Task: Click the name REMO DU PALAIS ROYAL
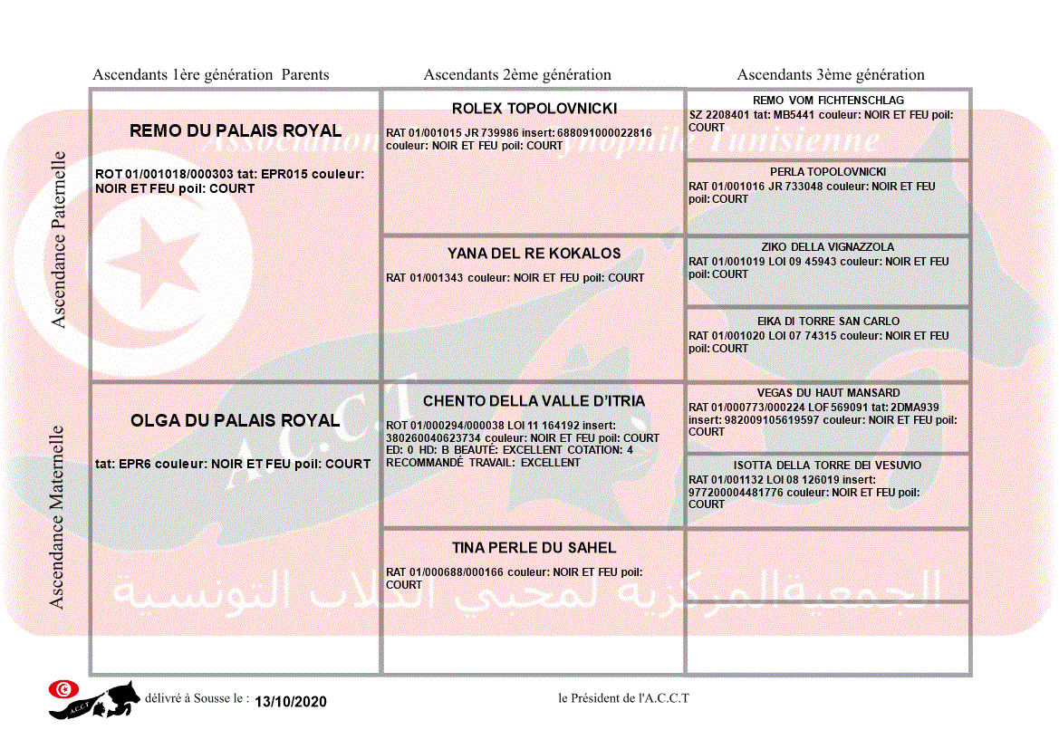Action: (x=236, y=131)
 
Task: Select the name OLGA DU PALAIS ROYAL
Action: (x=236, y=421)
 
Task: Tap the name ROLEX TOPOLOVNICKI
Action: (x=534, y=109)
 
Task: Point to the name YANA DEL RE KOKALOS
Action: (x=534, y=254)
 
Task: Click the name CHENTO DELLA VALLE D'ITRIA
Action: (x=534, y=401)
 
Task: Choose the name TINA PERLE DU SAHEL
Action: (x=534, y=548)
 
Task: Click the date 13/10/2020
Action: (x=290, y=702)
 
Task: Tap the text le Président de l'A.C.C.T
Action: (x=624, y=698)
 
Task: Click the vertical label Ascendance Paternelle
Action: (x=59, y=240)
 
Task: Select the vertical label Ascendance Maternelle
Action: (x=57, y=516)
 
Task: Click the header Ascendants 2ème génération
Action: (x=517, y=75)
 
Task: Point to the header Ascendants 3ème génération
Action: (x=831, y=75)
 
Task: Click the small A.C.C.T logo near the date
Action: (x=95, y=699)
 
